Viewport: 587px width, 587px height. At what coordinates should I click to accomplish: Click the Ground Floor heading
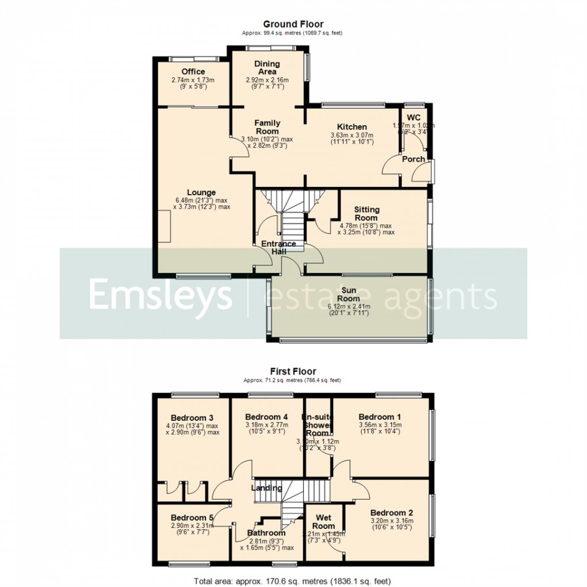(x=293, y=24)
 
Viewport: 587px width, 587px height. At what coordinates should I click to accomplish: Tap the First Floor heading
(x=293, y=372)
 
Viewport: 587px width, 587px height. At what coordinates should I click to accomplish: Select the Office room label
(x=193, y=72)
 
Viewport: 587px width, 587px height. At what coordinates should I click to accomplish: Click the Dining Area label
(x=267, y=68)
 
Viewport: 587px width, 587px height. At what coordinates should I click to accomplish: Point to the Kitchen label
(x=352, y=127)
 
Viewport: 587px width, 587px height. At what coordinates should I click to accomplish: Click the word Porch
(x=413, y=159)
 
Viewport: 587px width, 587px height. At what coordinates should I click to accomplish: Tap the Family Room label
(x=267, y=127)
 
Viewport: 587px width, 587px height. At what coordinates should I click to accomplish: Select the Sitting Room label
(x=366, y=214)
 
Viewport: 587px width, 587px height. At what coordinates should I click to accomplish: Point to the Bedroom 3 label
(x=192, y=418)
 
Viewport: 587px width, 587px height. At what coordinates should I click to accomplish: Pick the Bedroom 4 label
(x=266, y=417)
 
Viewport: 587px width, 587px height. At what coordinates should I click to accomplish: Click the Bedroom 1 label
(x=380, y=417)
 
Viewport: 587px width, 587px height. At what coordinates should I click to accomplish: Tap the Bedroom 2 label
(x=391, y=513)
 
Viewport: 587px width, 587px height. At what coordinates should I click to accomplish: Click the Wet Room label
(x=323, y=522)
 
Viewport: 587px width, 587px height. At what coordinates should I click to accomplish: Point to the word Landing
(x=266, y=488)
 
